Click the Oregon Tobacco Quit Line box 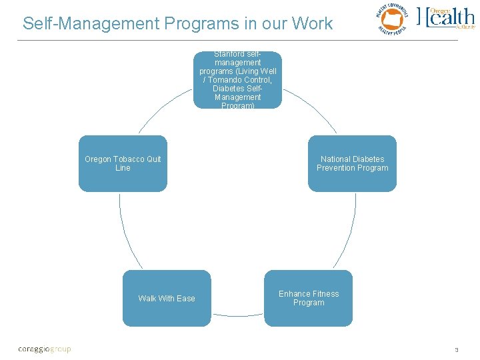click(x=123, y=164)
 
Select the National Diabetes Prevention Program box click(x=352, y=164)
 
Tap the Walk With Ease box click(x=167, y=298)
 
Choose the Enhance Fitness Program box click(x=308, y=298)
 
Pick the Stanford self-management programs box click(x=237, y=80)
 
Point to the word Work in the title click(x=311, y=24)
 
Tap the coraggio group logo click(x=44, y=349)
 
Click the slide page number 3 click(x=457, y=349)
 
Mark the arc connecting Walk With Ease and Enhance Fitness click(x=237, y=315)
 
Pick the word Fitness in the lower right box click(x=326, y=294)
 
